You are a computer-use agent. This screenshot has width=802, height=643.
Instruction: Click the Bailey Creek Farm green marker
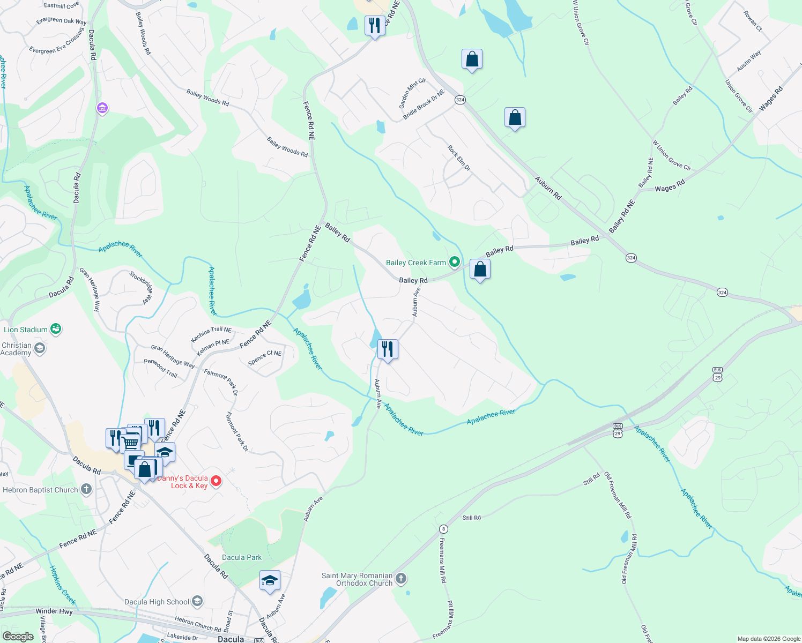(x=455, y=262)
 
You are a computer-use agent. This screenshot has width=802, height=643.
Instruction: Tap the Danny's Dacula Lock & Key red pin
(x=216, y=481)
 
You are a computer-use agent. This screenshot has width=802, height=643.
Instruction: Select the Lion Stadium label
(x=26, y=330)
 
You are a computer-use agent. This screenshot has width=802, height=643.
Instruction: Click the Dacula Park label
(x=242, y=557)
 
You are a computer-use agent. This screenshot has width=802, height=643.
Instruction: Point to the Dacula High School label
(x=157, y=602)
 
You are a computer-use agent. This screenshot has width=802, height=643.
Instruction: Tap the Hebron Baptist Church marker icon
(x=86, y=489)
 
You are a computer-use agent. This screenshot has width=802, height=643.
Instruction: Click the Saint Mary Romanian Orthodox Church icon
(x=401, y=579)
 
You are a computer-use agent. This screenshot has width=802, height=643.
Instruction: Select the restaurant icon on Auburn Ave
(x=387, y=349)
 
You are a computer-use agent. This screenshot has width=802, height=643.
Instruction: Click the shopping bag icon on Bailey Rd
(x=480, y=270)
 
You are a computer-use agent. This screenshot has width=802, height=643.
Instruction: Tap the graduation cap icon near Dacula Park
(x=270, y=581)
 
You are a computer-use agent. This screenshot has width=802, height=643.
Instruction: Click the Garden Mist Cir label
(x=412, y=93)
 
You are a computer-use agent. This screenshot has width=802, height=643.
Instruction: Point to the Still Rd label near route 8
(x=472, y=518)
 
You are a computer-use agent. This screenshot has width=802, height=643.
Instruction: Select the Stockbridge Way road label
(x=141, y=287)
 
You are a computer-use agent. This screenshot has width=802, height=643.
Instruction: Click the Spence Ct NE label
(x=265, y=357)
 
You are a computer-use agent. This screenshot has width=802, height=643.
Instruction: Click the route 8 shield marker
(x=443, y=529)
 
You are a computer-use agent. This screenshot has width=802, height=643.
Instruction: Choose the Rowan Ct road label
(x=752, y=21)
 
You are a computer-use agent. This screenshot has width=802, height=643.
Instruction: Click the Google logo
(x=18, y=636)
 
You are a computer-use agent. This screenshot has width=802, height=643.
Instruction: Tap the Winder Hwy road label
(x=54, y=611)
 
